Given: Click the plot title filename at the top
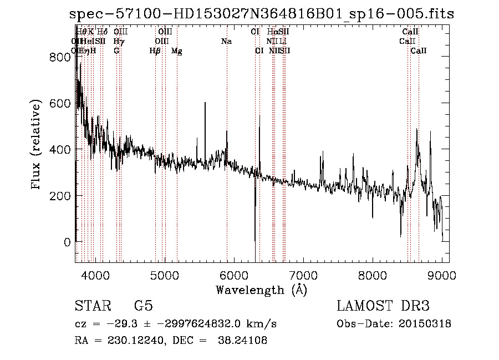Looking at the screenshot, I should coord(262,14).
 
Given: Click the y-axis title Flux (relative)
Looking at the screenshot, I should coord(37,145).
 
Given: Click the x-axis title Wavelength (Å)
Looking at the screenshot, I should coord(261,290).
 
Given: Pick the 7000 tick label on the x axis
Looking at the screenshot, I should coord(303,275).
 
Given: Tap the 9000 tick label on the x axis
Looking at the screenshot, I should coord(442,275).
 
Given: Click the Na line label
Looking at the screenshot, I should coord(226,42).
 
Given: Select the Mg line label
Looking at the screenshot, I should coord(177,51).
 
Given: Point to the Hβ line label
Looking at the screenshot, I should coord(155,51).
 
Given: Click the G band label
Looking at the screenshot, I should coord(116,51).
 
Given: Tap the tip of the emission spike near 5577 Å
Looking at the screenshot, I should coord(205,103).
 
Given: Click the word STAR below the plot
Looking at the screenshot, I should coord(92,306).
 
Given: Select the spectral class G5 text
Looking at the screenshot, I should coord(143,306).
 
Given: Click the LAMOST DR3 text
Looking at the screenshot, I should coord(383,306).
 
